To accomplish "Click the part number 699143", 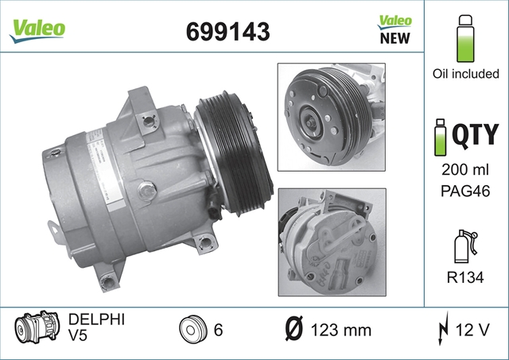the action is point(228,32).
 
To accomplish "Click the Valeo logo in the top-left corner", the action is point(37,30).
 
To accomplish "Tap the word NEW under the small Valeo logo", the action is point(395,38).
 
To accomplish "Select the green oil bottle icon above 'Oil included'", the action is point(465,38).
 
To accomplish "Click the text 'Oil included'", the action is point(465,74).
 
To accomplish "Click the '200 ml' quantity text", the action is point(464,169).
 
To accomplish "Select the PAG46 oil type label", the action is point(464,191).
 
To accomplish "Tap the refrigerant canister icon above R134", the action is point(466,246).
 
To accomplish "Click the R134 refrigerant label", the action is point(465,277).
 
